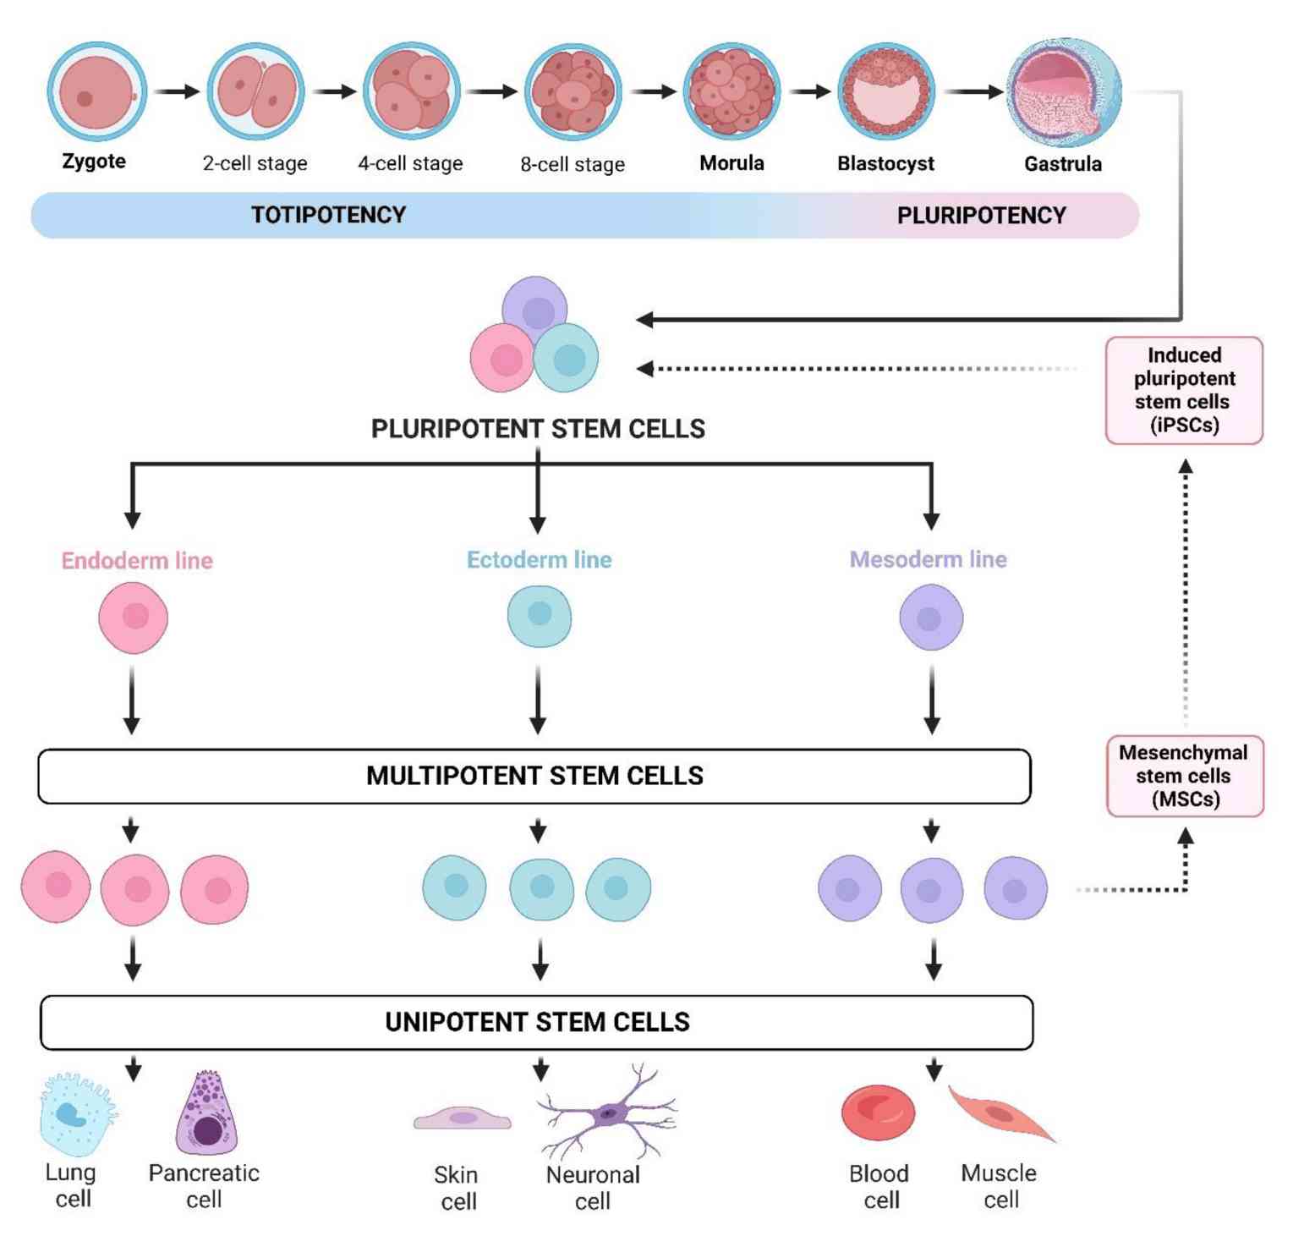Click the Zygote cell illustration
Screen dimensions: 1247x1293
[96, 92]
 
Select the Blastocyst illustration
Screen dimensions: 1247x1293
[885, 92]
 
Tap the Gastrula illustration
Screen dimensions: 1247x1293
[1063, 93]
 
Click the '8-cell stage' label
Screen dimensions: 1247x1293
[573, 164]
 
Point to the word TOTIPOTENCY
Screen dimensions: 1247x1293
[328, 215]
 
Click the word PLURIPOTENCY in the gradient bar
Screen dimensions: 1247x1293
[981, 216]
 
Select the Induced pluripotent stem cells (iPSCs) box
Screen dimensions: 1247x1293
[1184, 390]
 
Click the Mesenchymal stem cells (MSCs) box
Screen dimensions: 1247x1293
[1184, 776]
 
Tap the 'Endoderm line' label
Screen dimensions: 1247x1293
[137, 560]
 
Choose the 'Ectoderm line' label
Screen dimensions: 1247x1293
[539, 559]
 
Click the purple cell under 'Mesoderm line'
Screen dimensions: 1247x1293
[931, 618]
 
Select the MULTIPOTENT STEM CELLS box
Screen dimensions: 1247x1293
[534, 776]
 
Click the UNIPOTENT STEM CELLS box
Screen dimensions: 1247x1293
[537, 1022]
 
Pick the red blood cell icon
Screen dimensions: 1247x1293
[878, 1112]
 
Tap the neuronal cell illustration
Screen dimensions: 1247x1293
[607, 1112]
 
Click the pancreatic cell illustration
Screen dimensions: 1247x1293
[206, 1115]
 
